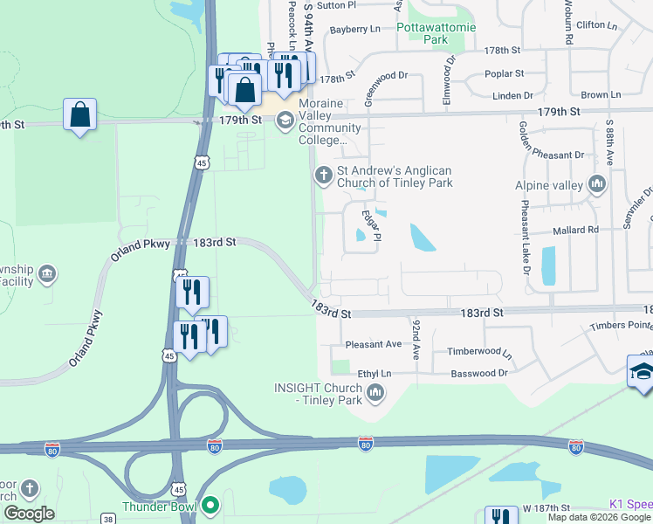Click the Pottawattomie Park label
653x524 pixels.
tap(436, 33)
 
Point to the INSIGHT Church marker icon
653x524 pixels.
tap(375, 392)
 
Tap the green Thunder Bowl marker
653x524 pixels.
tap(210, 506)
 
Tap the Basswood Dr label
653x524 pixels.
tap(479, 373)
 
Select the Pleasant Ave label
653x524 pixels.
tap(373, 344)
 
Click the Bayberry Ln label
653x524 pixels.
tap(355, 30)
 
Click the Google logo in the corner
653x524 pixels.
tap(30, 514)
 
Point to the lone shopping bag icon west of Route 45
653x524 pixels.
tap(79, 114)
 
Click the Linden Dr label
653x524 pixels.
tap(512, 95)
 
